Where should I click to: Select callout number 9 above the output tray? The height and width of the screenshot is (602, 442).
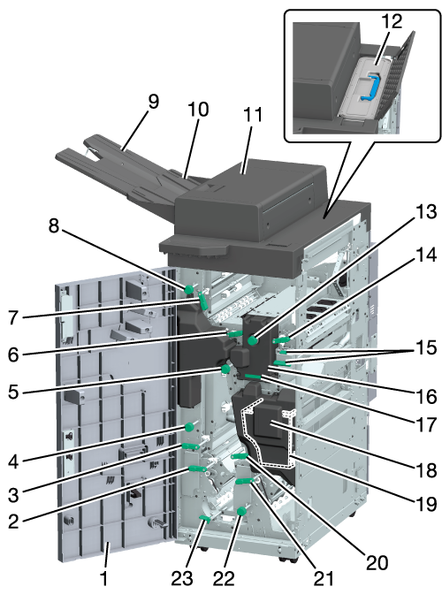(x=153, y=102)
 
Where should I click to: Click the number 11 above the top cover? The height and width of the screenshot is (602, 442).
(x=253, y=114)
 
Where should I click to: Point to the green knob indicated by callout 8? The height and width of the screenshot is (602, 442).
(x=188, y=289)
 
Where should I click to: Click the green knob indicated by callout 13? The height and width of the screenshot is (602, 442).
(x=252, y=340)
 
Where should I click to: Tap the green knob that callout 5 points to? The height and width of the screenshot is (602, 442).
(x=225, y=370)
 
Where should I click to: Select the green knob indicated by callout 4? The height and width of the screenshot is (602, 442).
(x=189, y=427)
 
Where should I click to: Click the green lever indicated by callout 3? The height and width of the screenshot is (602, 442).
(x=190, y=446)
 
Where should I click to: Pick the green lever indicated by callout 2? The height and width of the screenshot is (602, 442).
(x=197, y=469)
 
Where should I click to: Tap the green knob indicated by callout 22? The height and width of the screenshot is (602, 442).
(x=242, y=511)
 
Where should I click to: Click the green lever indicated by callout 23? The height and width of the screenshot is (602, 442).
(x=205, y=519)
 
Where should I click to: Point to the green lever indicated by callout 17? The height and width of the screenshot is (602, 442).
(x=253, y=377)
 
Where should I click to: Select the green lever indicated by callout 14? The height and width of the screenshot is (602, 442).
(x=280, y=339)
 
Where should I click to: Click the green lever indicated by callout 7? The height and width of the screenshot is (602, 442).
(x=203, y=301)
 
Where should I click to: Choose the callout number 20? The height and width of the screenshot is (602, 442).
(x=377, y=563)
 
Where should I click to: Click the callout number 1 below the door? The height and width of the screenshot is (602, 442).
(x=103, y=578)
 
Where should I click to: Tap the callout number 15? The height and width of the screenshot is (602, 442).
(x=426, y=347)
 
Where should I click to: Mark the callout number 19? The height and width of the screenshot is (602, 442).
(x=426, y=505)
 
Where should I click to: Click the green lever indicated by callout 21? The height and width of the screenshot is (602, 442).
(x=244, y=482)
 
